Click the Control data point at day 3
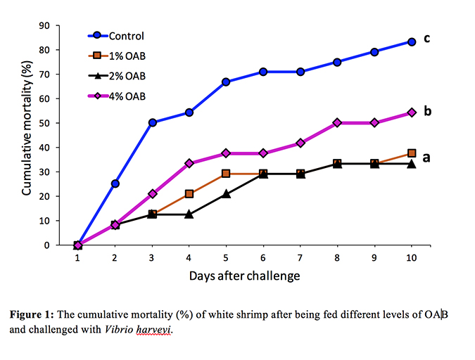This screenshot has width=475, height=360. click(x=153, y=122)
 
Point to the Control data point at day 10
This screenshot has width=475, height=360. click(x=412, y=41)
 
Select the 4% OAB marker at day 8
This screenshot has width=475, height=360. click(x=338, y=122)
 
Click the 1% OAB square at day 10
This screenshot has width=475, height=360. click(x=412, y=153)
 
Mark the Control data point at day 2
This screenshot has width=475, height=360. click(x=115, y=184)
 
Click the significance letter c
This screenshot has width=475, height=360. click(x=426, y=38)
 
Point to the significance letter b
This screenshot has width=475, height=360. click(x=426, y=110)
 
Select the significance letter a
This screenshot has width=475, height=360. click(x=426, y=158)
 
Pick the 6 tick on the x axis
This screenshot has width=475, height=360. click(x=263, y=258)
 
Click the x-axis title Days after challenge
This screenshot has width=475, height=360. click(x=244, y=276)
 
